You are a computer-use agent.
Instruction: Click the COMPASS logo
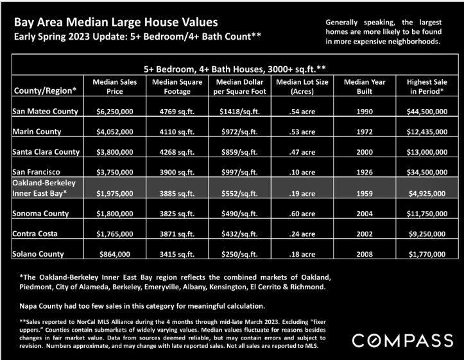[x=402, y=341]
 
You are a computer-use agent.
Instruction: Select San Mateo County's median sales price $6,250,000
[x=114, y=112]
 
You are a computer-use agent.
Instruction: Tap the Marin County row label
[x=37, y=132]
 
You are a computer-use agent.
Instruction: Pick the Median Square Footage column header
[x=177, y=87]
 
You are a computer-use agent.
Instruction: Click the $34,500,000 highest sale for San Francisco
[x=427, y=172]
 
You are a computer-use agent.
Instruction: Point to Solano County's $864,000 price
[x=114, y=254]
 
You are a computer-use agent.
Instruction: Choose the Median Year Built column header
[x=365, y=87]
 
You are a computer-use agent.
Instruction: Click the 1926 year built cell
[x=365, y=172]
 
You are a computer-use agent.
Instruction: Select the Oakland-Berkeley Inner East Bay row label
[x=44, y=188]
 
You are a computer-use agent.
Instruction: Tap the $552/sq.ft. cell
[x=239, y=193]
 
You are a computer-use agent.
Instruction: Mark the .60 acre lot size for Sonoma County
[x=302, y=214]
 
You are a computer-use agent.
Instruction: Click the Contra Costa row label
[x=35, y=234]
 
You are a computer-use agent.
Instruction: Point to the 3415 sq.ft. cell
[x=177, y=254]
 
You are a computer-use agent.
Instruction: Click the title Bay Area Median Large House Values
[x=116, y=22]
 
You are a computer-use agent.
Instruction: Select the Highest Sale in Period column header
[x=427, y=87]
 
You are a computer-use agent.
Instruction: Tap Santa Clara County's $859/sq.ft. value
[x=239, y=152]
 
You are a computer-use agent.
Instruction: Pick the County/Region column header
[x=46, y=90]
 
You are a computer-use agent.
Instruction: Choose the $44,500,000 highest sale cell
[x=427, y=112]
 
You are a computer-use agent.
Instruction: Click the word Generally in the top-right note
[x=341, y=22]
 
